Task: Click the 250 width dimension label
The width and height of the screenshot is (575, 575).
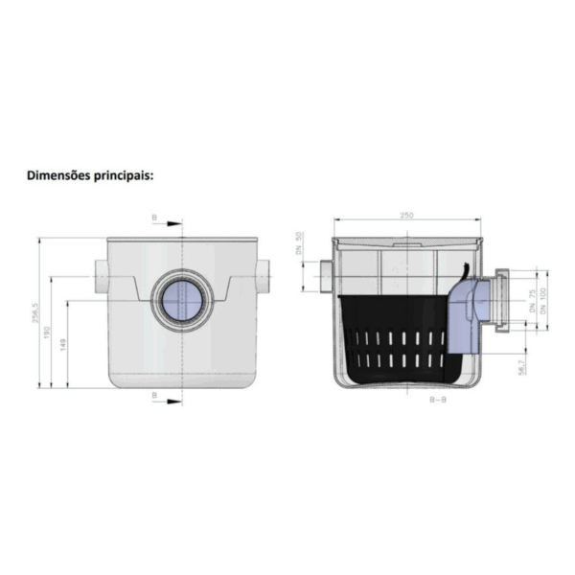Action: point(406,217)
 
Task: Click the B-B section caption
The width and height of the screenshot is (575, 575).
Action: point(438,400)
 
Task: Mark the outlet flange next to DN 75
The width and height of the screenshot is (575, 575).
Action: point(502,303)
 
